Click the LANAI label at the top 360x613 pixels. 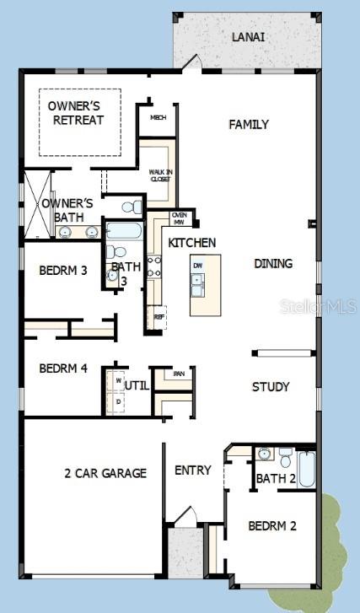[x=249, y=37]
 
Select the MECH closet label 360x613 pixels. [x=157, y=117]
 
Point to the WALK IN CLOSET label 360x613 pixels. [x=160, y=175]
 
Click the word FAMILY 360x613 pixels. [x=249, y=125]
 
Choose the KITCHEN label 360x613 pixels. [x=191, y=243]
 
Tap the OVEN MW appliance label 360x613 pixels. [x=179, y=218]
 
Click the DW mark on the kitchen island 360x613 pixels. [x=197, y=266]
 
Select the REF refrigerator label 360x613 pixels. [x=159, y=317]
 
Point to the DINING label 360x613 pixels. [x=273, y=264]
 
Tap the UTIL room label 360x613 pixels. [x=137, y=385]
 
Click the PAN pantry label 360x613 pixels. [x=179, y=374]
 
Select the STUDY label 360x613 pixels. [x=271, y=387]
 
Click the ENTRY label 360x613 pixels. [x=192, y=471]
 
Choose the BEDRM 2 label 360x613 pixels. [x=272, y=526]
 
